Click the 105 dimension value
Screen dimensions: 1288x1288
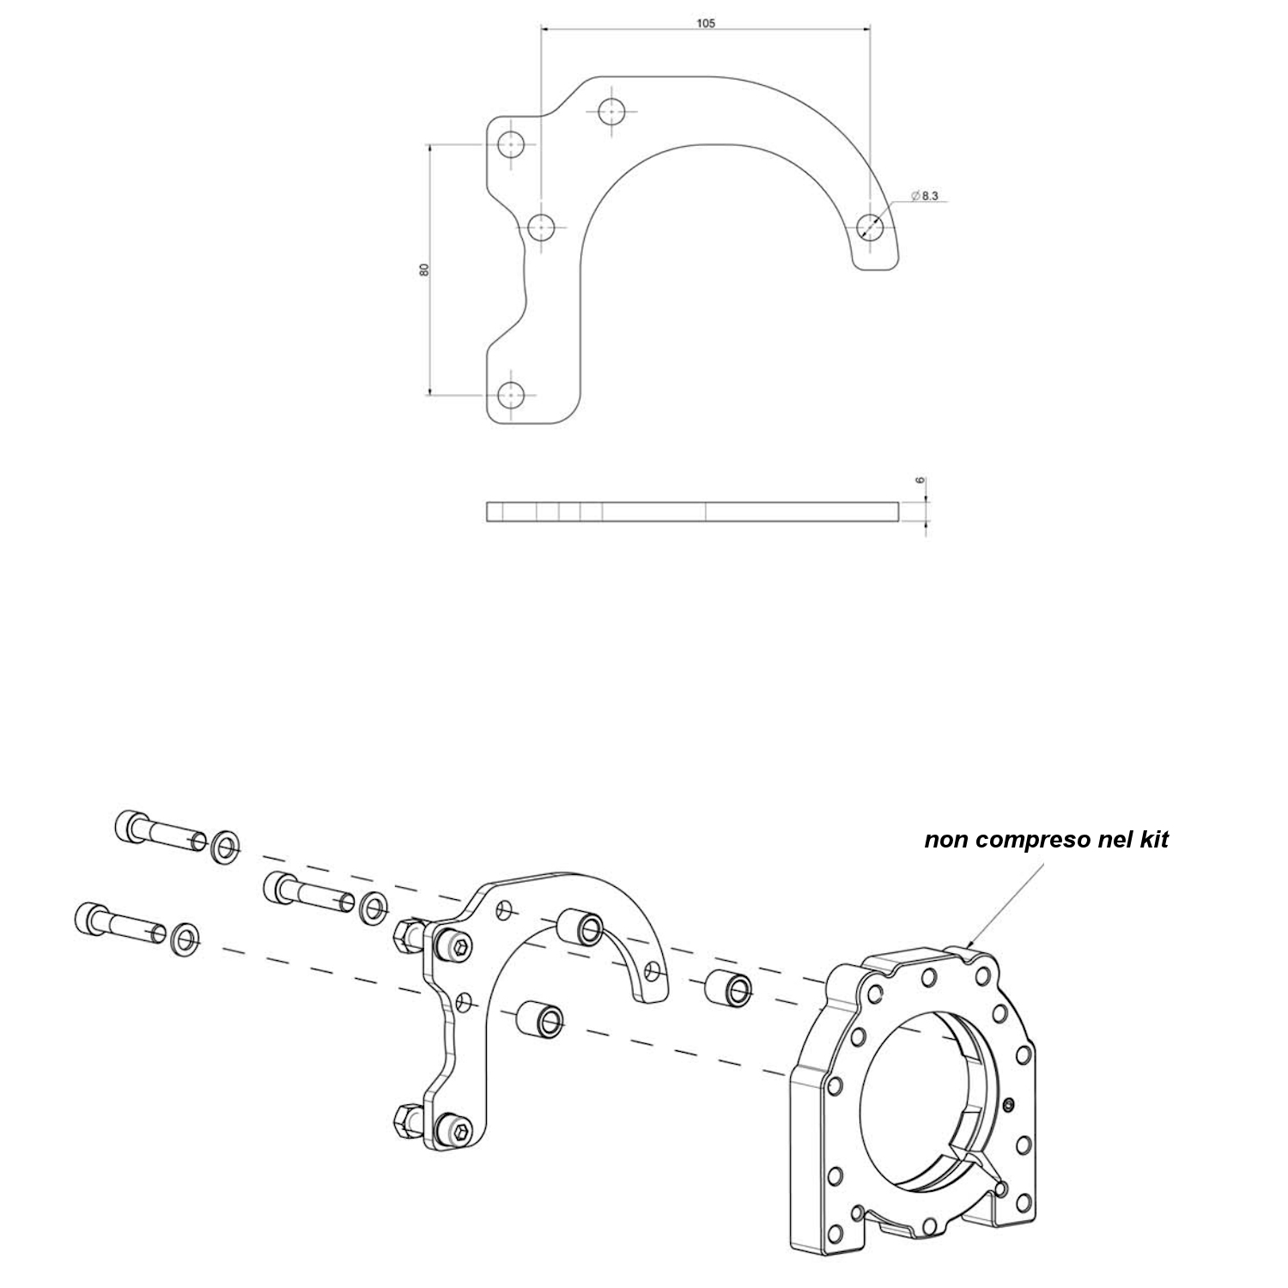pos(705,23)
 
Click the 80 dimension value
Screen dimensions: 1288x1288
pos(423,270)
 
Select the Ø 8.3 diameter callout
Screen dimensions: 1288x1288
pos(924,197)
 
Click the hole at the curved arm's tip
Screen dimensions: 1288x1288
pos(871,226)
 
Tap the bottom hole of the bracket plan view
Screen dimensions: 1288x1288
pos(513,395)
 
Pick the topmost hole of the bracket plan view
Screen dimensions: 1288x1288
pos(612,112)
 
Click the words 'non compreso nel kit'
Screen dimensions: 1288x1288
pos(1046,840)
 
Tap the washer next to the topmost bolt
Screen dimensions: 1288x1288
pos(225,846)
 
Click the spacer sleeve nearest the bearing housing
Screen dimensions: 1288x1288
pos(729,988)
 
